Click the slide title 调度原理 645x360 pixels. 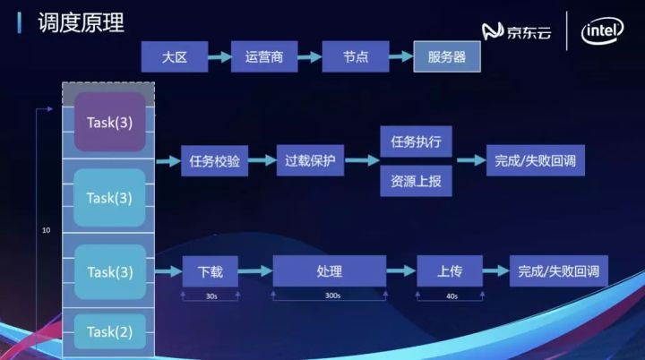click(x=81, y=21)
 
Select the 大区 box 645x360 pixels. click(x=174, y=57)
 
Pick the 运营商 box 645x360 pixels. click(x=263, y=57)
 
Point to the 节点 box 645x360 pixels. click(x=355, y=57)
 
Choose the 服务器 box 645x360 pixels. click(x=446, y=57)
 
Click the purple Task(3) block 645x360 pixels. click(x=109, y=122)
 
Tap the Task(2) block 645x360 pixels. click(x=109, y=332)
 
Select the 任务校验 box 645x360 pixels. click(x=214, y=161)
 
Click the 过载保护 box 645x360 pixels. click(x=309, y=161)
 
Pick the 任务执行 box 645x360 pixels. click(x=416, y=141)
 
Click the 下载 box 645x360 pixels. click(x=210, y=271)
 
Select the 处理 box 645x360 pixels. click(x=329, y=271)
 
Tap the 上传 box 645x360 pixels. click(x=449, y=271)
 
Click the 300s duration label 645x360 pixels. click(x=329, y=296)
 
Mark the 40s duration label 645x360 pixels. click(x=451, y=296)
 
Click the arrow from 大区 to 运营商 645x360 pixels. click(x=219, y=57)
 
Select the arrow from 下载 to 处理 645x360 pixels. click(x=255, y=271)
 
